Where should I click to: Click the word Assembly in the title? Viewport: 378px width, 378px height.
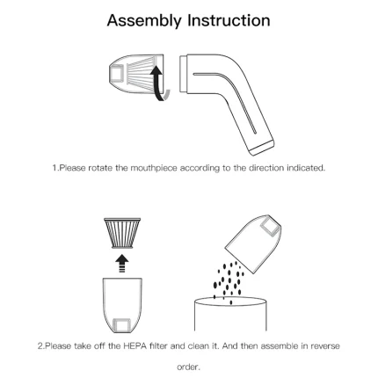coord(144,21)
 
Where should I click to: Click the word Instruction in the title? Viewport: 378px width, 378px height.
coord(229,20)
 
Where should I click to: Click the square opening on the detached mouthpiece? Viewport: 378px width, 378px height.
coord(117,73)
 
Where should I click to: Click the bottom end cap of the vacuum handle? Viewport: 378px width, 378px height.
coord(262,149)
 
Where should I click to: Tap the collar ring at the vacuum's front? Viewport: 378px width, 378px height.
coord(184,75)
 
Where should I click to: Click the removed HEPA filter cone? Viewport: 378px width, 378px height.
coord(122,233)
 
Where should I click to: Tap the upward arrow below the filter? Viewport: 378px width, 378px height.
coord(122,263)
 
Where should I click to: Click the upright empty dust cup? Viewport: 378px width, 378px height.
coord(122,305)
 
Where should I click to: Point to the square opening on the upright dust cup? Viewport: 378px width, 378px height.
coord(122,324)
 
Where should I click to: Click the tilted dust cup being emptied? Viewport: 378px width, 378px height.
coord(253,244)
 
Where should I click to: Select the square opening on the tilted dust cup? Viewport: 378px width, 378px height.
coord(270,228)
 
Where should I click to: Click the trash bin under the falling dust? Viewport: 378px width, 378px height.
coord(230,314)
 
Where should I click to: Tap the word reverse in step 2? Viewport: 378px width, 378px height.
coord(325,346)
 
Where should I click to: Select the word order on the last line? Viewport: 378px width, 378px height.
coord(188,367)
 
